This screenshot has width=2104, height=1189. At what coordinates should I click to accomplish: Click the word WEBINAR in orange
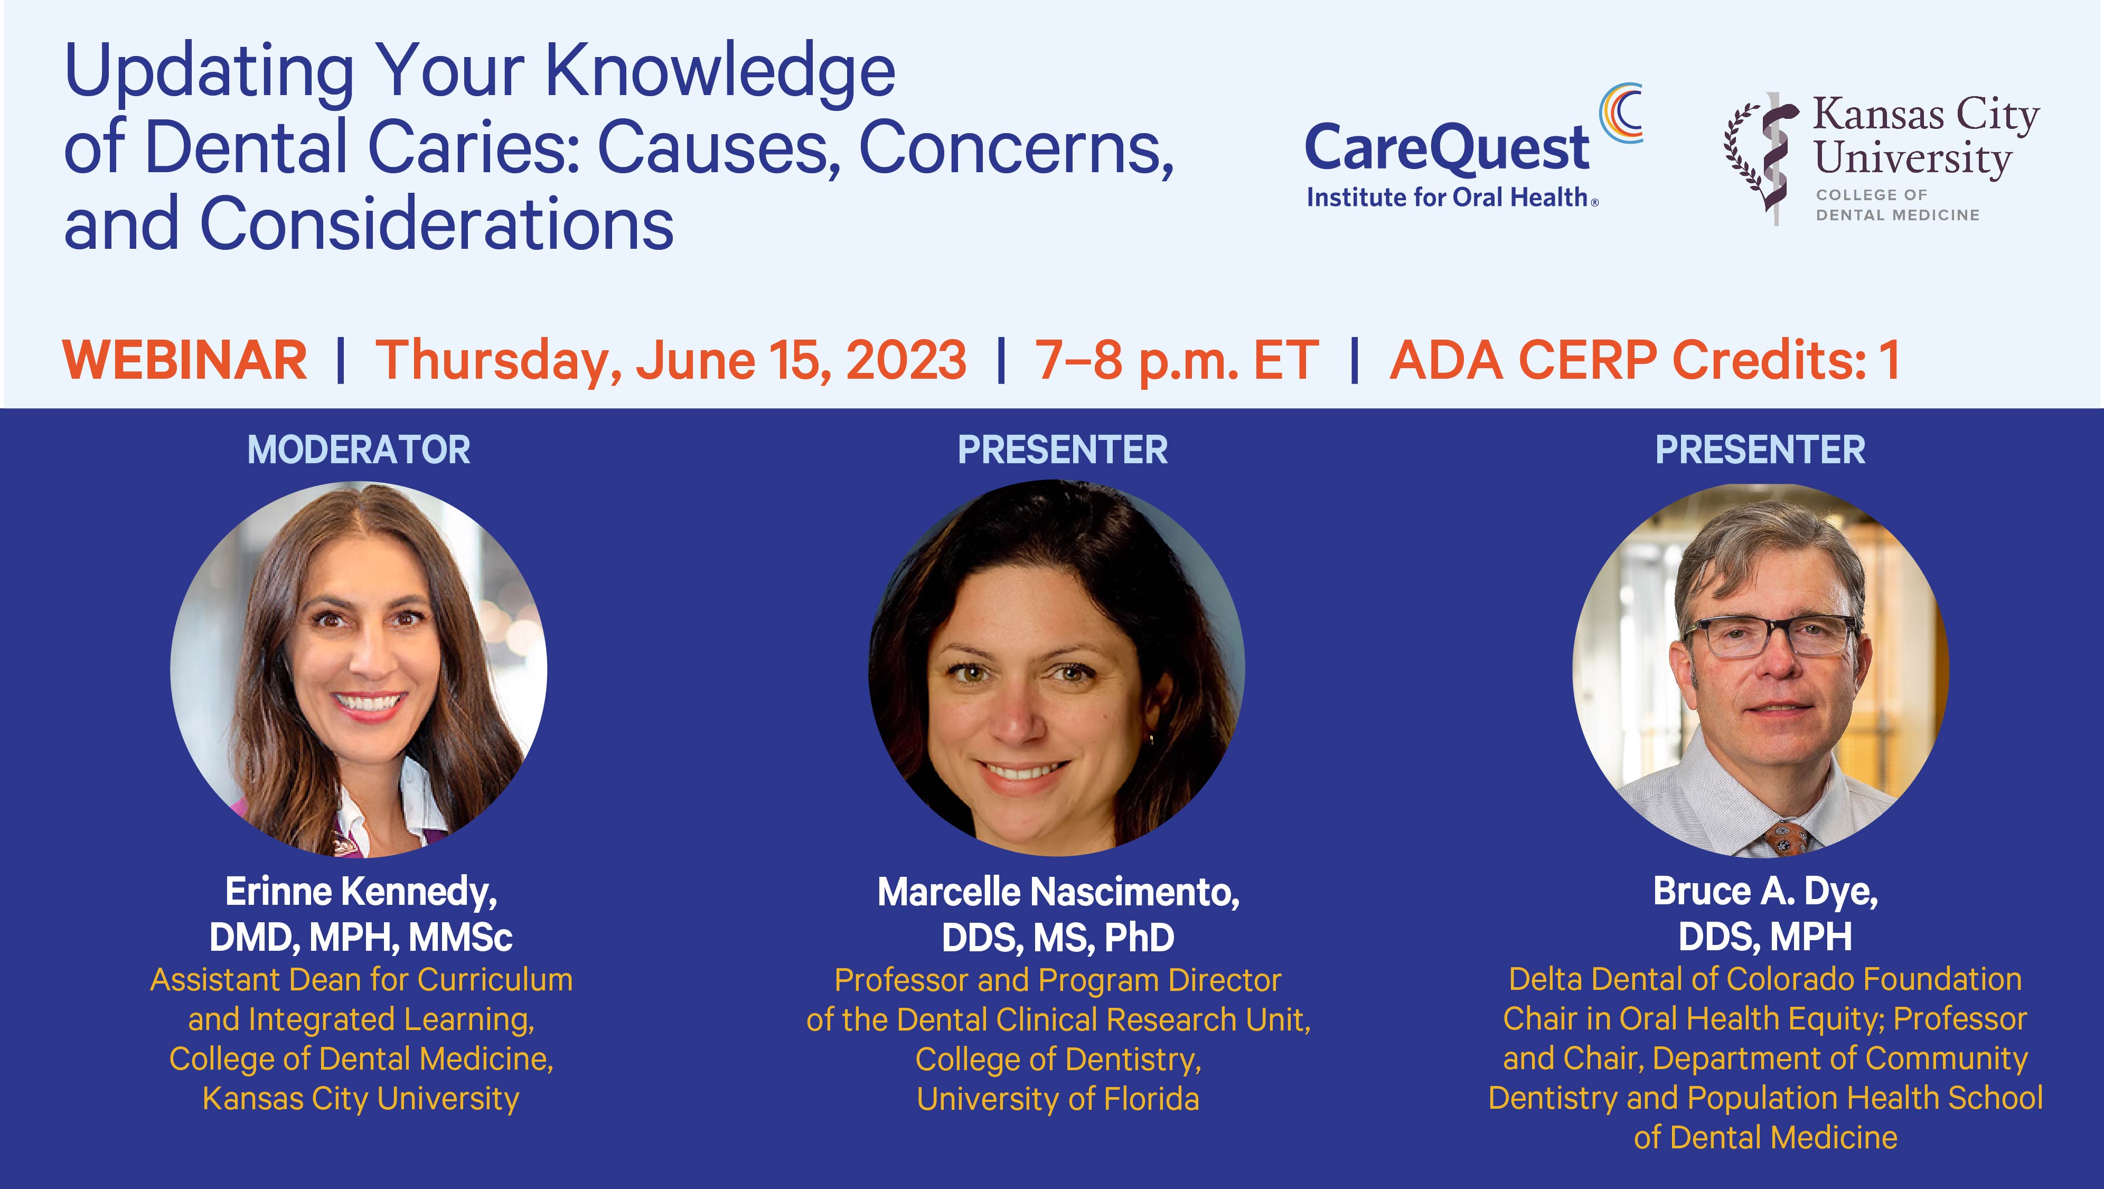(185, 360)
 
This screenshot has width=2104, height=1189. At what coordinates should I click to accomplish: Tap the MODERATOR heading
(359, 450)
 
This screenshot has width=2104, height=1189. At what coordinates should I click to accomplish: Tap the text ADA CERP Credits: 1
(1644, 360)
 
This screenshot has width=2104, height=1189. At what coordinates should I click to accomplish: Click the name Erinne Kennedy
(360, 892)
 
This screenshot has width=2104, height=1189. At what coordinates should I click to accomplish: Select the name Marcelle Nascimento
(1058, 892)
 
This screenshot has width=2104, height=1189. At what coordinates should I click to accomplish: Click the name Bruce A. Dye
(1765, 892)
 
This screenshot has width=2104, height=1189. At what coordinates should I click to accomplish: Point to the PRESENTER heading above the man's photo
(1760, 450)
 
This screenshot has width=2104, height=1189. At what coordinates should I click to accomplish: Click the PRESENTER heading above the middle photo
(1062, 450)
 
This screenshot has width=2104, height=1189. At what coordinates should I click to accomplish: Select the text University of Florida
(1058, 1099)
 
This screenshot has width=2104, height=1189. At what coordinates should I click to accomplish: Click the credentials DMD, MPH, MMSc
(360, 937)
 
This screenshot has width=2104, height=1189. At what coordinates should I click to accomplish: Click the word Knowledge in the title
(720, 71)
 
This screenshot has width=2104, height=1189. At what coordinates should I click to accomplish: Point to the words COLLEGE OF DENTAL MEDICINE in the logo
(1898, 205)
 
